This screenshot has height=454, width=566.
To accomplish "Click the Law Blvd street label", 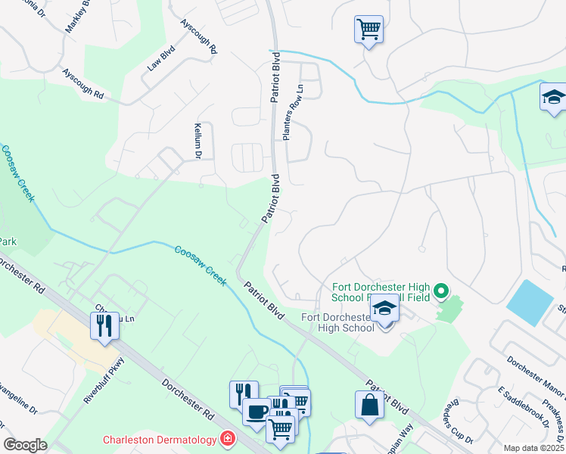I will (x=160, y=61).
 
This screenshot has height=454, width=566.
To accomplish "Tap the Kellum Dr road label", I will (x=197, y=141).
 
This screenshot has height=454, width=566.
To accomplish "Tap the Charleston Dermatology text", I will (x=160, y=440).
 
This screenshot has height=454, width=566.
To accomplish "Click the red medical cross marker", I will (x=226, y=439).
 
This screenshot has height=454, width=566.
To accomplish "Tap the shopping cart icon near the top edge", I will (x=369, y=30).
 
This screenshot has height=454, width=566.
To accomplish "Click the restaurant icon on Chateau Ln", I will (x=104, y=325).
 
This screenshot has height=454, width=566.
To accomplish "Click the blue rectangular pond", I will (x=529, y=301).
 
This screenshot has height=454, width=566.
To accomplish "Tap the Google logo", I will (x=26, y=444).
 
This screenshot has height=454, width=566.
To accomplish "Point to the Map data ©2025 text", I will (x=533, y=448).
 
